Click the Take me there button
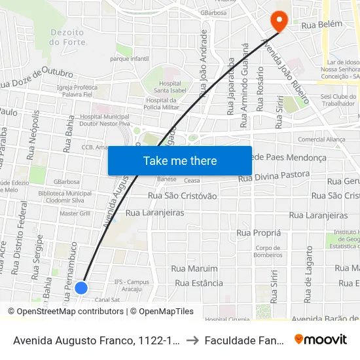tap(180, 160)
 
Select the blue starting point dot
tap(81, 287)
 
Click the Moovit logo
tap(321, 339)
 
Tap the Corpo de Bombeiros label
tap(268, 252)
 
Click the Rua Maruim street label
tap(194, 268)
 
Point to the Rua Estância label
tap(199, 283)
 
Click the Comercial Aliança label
tap(321, 139)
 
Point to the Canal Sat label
tap(106, 299)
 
